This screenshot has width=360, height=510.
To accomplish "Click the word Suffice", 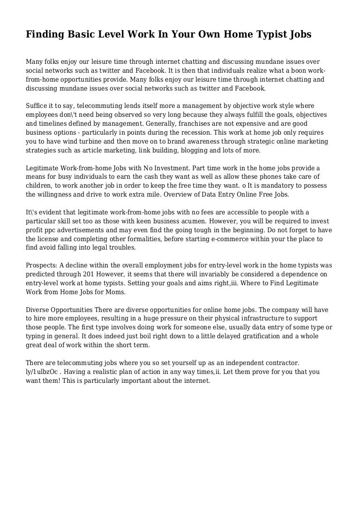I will pos(37,106).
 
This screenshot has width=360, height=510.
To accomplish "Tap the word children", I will pos(39,186).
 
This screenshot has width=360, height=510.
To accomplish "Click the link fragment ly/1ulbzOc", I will pos(45,372).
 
